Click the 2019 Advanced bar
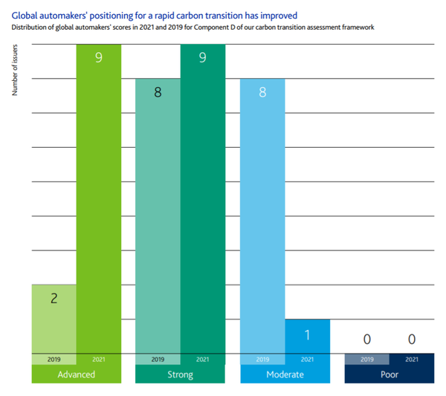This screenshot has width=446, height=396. [54, 319]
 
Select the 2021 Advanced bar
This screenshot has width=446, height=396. [98, 201]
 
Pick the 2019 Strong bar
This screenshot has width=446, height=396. [158, 215]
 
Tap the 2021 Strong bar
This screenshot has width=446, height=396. [202, 201]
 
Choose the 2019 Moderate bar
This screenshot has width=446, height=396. [262, 215]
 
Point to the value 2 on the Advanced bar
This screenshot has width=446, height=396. [54, 299]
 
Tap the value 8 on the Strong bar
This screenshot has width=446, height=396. [158, 94]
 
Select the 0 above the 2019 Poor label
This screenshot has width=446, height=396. [366, 340]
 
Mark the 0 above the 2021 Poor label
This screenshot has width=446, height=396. [411, 340]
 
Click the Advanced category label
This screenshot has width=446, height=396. [76, 374]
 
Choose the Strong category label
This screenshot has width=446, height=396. [180, 374]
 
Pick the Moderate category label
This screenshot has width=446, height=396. [285, 374]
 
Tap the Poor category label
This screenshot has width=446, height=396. [389, 374]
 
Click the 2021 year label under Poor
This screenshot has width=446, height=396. [411, 360]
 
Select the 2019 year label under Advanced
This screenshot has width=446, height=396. [54, 360]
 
